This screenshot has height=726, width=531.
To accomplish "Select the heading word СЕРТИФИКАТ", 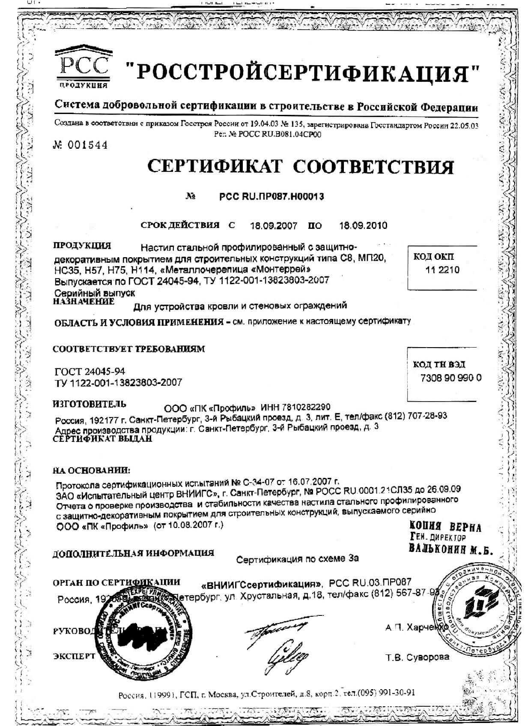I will point(215,166).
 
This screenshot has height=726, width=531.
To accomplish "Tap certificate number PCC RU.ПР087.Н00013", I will point(271,196).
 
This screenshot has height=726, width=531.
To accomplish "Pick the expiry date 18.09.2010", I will point(363,225).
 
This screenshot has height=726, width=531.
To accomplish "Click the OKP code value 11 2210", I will point(442,270).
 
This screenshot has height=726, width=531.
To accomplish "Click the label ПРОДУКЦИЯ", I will point(82,246).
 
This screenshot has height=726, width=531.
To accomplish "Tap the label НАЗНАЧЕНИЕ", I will point(84,301).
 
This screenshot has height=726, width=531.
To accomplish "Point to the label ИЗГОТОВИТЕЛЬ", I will point(89,404).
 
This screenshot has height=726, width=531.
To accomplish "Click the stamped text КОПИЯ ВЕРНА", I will point(445,527).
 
